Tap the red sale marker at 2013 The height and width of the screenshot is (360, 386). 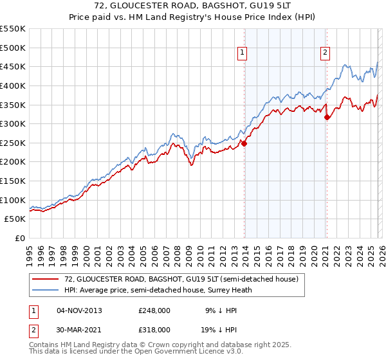[x=244, y=143]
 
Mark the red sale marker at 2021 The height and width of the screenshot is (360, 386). [x=327, y=117]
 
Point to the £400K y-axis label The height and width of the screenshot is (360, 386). [x=13, y=85]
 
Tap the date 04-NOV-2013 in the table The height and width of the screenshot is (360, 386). [x=79, y=310]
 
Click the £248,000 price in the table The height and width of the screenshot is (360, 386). [x=154, y=310]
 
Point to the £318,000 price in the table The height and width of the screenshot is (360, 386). [x=154, y=329]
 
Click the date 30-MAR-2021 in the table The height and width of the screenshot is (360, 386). [x=79, y=329]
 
